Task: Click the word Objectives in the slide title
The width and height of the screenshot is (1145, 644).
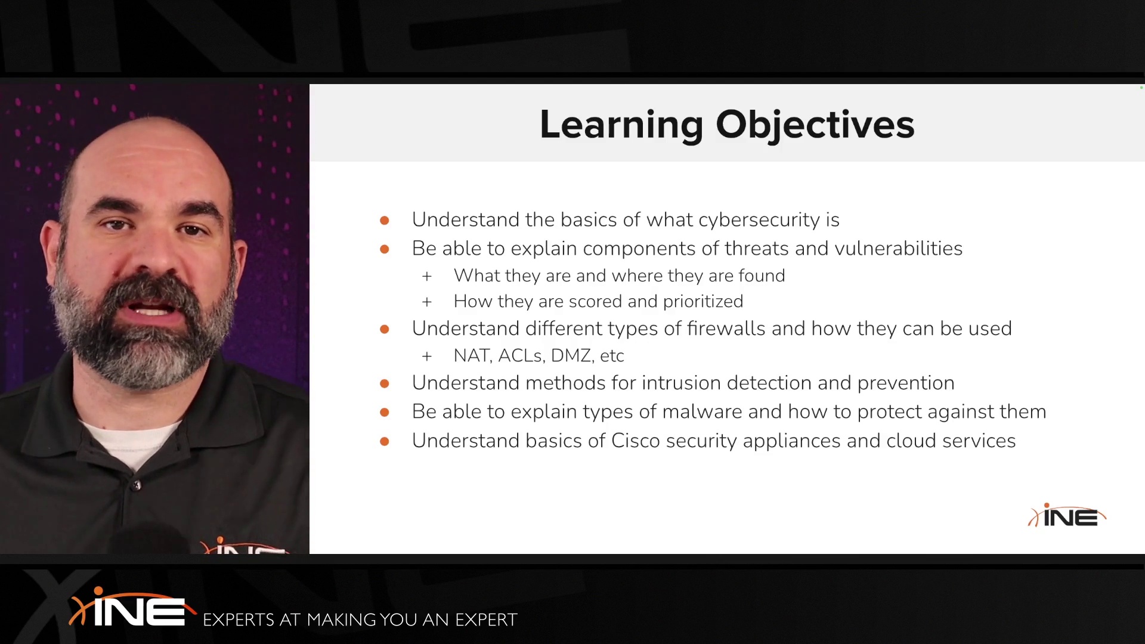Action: tap(815, 125)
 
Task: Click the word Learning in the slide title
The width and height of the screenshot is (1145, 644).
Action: tap(621, 125)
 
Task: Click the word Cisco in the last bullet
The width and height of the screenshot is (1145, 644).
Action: tap(636, 441)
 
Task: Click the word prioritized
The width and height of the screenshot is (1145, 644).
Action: tap(703, 302)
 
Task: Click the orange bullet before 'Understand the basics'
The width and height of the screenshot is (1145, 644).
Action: tap(385, 221)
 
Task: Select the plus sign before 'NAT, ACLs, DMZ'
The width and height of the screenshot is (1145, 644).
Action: tap(427, 357)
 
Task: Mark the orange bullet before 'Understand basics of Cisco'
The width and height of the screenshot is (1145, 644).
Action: tap(385, 441)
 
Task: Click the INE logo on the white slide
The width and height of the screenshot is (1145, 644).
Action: tap(1067, 516)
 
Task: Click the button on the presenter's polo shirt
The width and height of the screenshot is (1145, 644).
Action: tap(137, 485)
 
